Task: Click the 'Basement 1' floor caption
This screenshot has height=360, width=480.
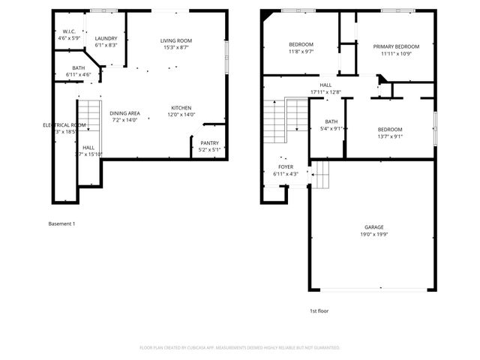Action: [61, 223]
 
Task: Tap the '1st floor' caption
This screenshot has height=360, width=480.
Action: [319, 310]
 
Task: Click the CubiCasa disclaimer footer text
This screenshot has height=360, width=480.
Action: [240, 348]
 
